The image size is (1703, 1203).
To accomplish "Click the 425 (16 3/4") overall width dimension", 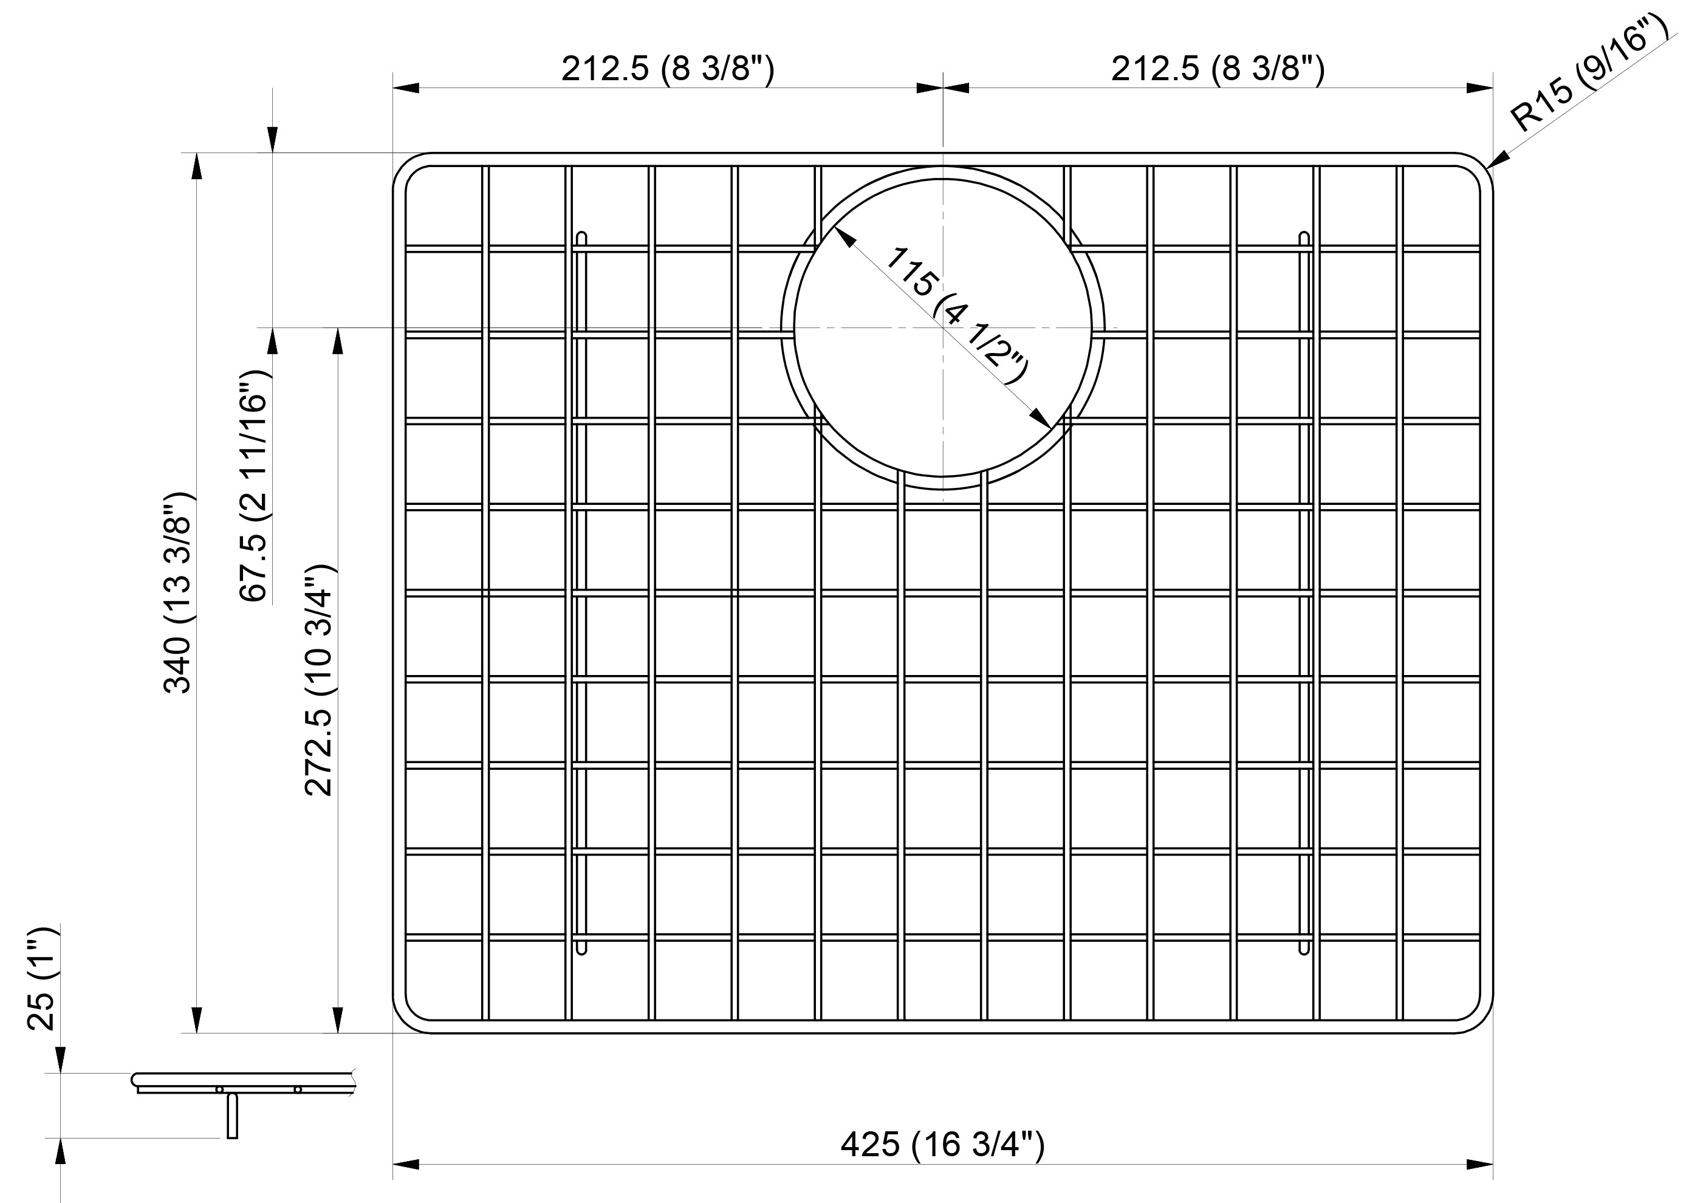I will point(942,1145).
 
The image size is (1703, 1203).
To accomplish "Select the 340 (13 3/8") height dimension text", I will point(177,592).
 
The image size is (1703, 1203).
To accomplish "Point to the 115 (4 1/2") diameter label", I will point(957,315).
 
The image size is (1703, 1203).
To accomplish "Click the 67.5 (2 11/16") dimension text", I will point(255,486).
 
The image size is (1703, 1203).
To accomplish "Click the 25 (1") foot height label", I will point(41,978).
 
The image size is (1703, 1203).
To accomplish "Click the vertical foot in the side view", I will point(232,1116).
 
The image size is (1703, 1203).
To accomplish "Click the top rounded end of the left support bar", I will point(581,238).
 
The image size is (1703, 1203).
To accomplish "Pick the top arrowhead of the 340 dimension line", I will point(197,167).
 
